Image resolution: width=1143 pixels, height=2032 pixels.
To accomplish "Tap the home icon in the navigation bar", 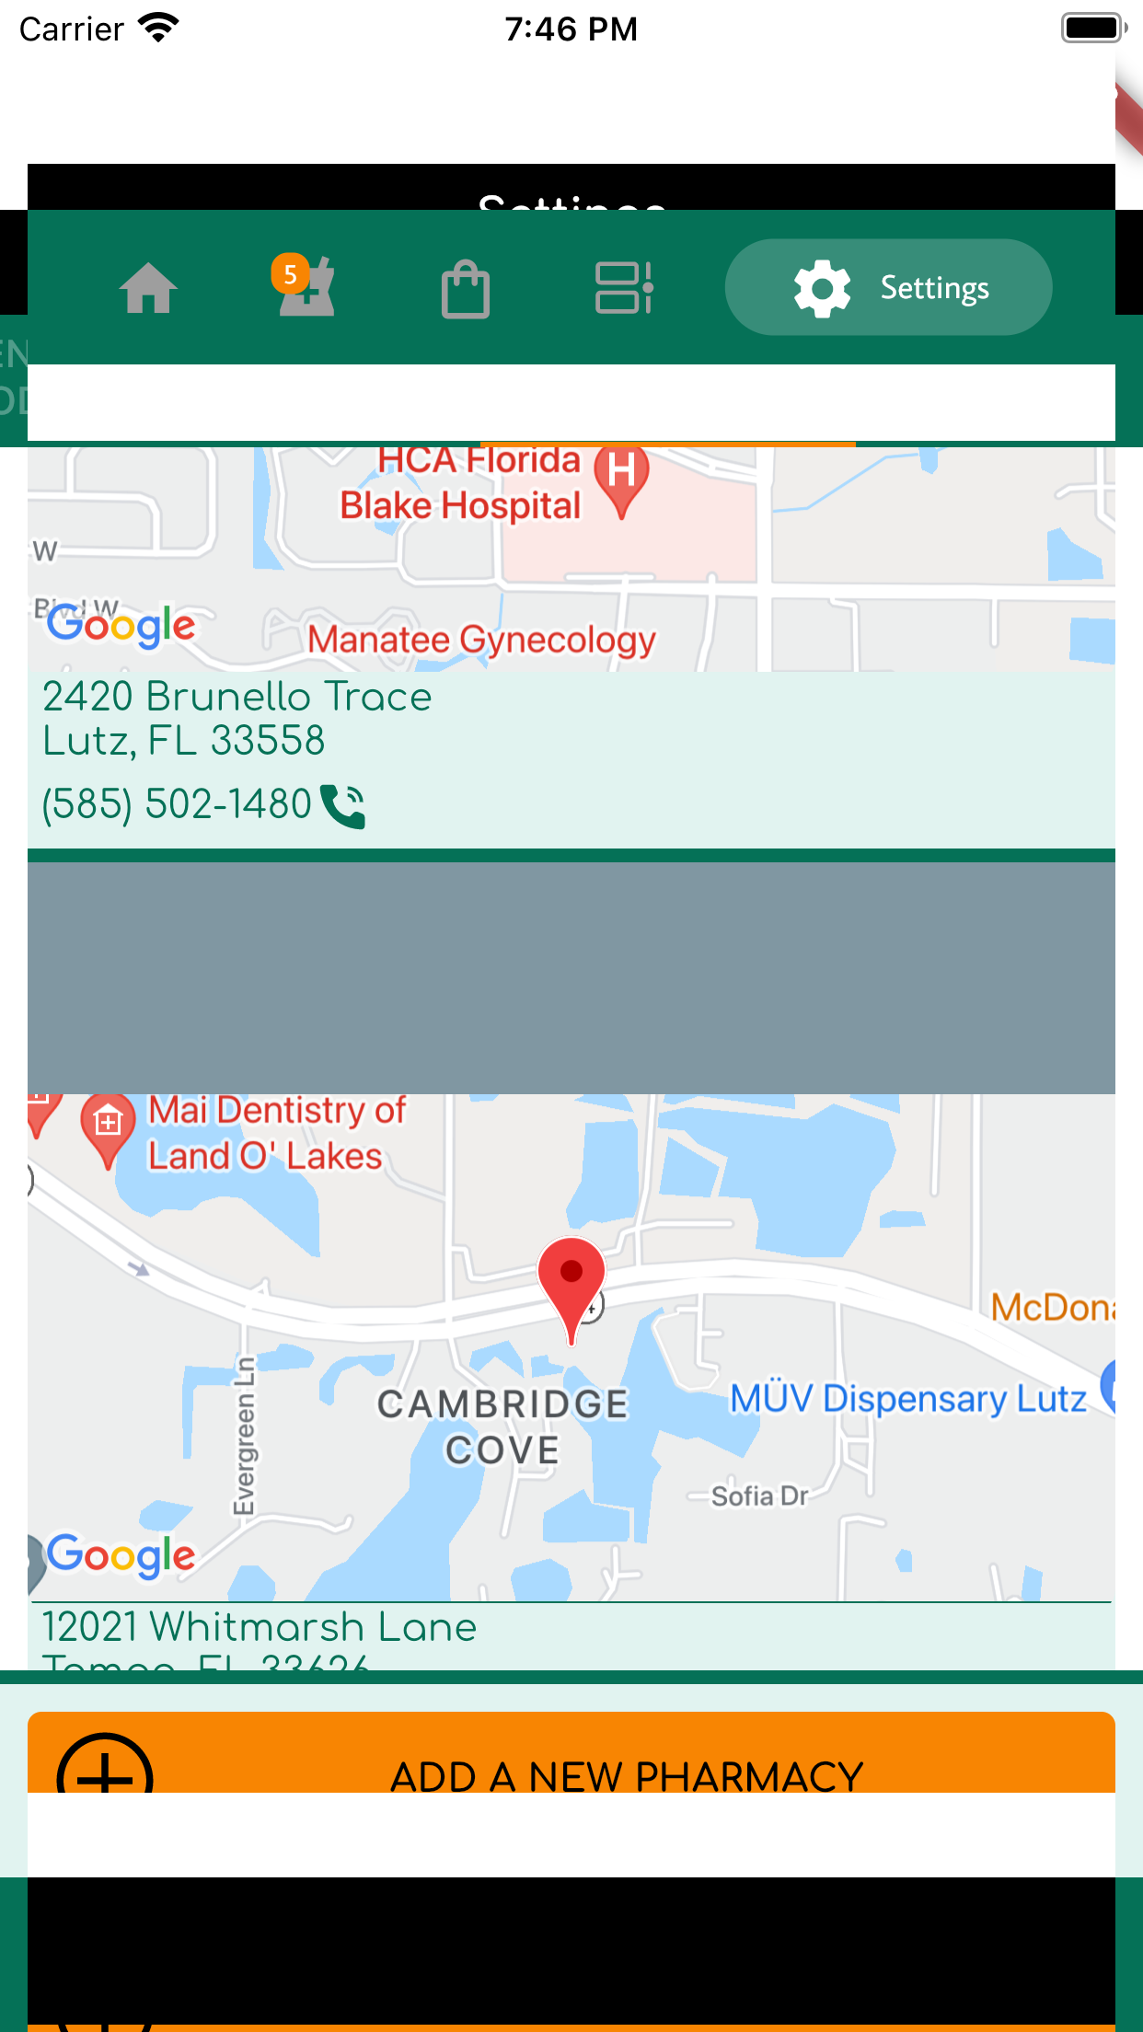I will point(148,288).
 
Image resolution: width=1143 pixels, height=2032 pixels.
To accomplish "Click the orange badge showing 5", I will point(290,274).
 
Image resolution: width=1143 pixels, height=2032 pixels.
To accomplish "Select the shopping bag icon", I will point(466,289).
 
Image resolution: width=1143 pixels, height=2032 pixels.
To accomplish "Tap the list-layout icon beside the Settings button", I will point(624,288).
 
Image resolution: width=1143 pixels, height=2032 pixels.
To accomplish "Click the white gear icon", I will point(822,288).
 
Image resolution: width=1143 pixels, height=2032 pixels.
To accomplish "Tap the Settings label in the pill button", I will point(934,288).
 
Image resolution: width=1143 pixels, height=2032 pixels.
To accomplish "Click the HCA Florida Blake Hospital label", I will point(462,484).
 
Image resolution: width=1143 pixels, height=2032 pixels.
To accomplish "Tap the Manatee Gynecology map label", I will point(481,640).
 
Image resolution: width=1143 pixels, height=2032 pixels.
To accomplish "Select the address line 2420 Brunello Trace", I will point(237,697).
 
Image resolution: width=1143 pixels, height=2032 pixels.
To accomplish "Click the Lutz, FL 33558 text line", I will point(184,741).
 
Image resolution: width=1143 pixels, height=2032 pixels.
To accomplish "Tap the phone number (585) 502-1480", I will point(177,803).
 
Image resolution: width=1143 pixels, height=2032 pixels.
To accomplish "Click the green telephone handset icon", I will point(343,806).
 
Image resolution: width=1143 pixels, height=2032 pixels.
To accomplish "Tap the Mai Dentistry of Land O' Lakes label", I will point(276,1133).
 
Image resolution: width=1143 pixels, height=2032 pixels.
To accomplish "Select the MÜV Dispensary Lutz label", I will point(908,1399).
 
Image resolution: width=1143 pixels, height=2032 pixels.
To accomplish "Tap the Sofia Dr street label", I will point(759,1496).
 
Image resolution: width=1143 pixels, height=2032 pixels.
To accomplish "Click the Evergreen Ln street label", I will point(244,1436).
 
